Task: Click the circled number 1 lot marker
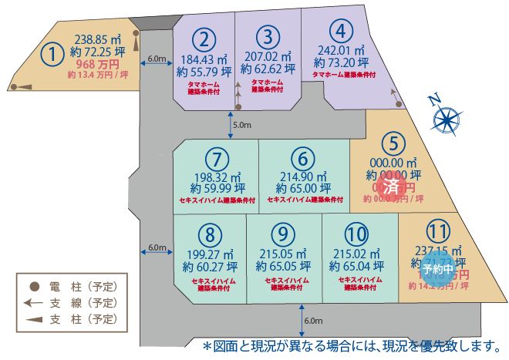52,54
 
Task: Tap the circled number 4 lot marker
340,33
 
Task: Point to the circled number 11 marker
437,231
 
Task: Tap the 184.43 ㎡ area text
204,57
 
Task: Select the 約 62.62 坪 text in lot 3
268,69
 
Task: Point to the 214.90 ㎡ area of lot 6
303,177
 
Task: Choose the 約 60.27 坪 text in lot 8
210,267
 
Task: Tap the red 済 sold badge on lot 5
392,187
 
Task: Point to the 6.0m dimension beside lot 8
157,248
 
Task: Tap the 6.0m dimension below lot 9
312,321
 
